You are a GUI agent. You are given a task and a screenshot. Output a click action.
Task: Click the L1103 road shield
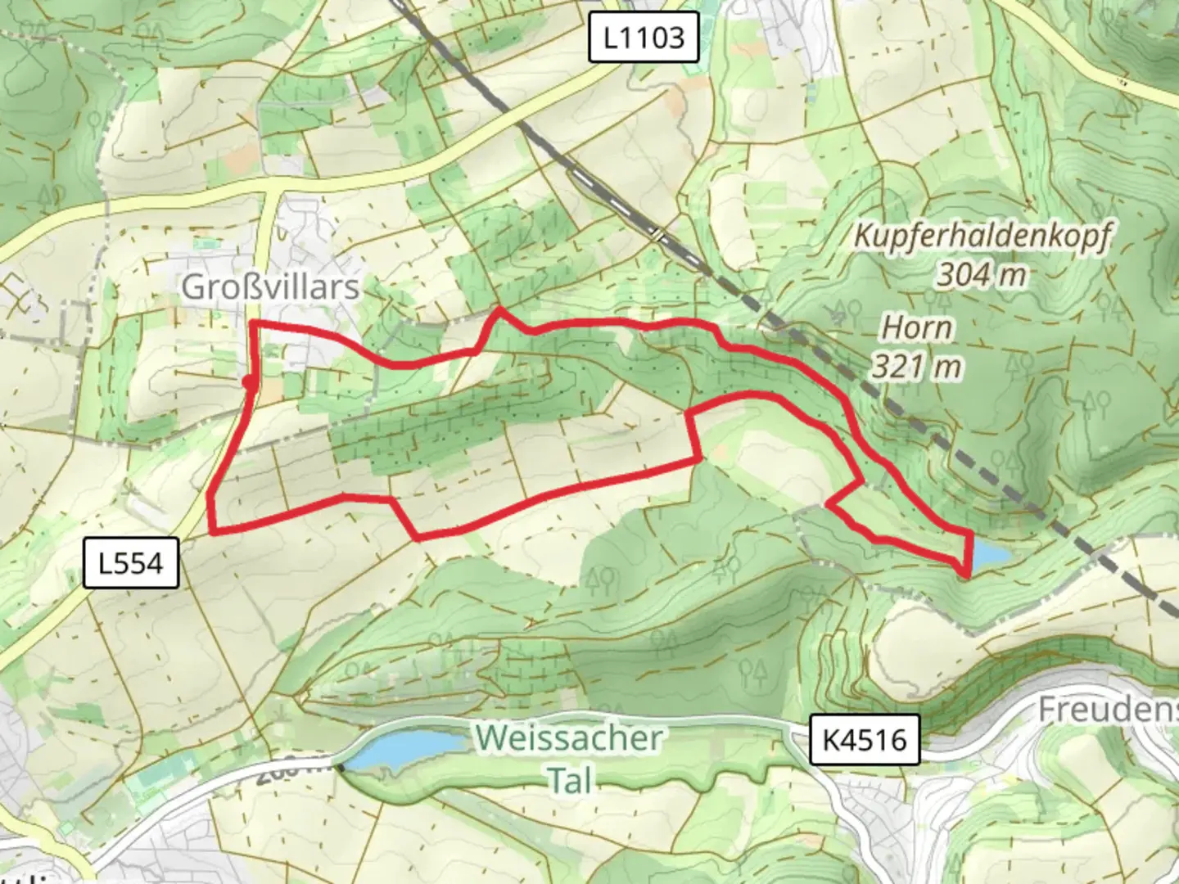coord(644,37)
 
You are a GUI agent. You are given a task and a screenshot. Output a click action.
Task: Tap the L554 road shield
coord(131,563)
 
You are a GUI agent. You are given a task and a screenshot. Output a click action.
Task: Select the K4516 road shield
coord(865,740)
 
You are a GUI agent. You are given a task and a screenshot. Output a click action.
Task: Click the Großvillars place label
coord(270,287)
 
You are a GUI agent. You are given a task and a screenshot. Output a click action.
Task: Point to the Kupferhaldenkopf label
coord(982,236)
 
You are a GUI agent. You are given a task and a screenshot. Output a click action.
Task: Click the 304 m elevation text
coord(981,274)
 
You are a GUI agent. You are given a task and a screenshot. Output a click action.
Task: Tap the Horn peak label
coord(917,328)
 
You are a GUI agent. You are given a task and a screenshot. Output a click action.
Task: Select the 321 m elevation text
coord(915,366)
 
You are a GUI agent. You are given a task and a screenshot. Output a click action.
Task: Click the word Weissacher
coord(569,738)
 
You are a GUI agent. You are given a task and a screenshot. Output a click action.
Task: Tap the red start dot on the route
coord(248,381)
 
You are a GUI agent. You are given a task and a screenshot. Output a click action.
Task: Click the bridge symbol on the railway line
coord(657,234)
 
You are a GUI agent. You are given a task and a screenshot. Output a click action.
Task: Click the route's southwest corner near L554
coord(214,532)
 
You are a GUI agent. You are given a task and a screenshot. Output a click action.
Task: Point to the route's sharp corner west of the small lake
coord(829,503)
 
